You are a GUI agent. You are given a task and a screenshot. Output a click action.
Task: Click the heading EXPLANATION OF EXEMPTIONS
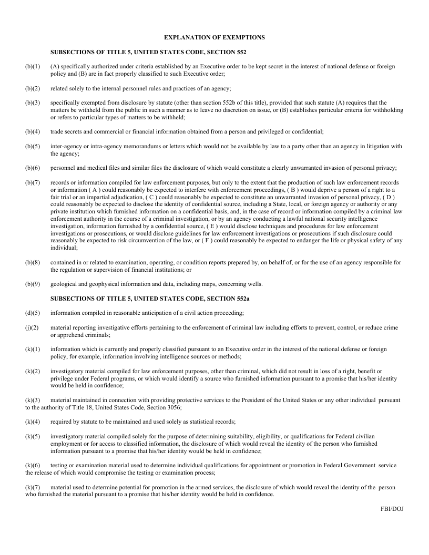[214, 38]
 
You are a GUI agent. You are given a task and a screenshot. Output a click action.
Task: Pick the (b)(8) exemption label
[33, 262]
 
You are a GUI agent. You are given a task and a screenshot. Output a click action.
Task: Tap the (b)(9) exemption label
[33, 284]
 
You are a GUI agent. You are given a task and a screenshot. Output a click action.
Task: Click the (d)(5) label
[33, 313]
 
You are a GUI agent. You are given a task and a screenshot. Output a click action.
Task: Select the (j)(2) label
[33, 327]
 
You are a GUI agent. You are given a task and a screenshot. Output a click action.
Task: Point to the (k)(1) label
[33, 350]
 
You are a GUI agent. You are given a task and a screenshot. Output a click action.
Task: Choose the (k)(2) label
[33, 372]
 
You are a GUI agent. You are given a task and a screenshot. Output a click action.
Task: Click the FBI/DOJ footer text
[392, 509]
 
